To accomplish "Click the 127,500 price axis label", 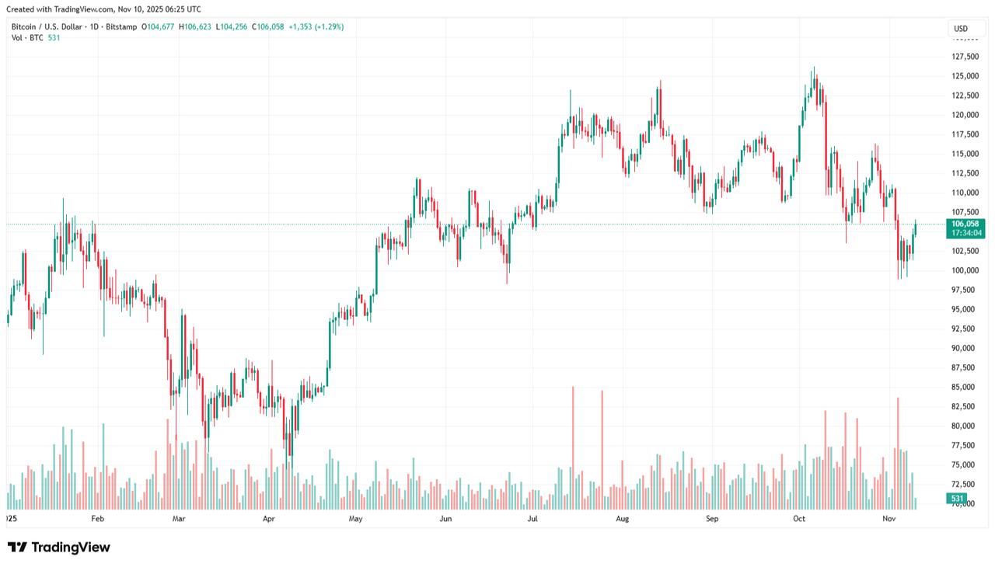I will point(965,57).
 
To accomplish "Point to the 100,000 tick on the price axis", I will point(965,270).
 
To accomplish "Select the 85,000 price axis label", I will point(965,387).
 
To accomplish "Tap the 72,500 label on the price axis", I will point(965,484).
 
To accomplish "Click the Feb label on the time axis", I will point(97,517).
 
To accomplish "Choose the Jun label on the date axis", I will point(445,517).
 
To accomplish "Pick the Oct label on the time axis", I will point(800,517).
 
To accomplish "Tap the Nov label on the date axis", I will point(890,517).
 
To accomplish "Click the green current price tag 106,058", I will point(965,224).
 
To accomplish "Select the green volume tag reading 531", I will point(957,498).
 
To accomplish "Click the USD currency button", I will point(961,30).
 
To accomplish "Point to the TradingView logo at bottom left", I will point(59,548).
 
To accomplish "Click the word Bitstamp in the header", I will point(121,26).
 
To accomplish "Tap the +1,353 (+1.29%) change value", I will point(316,26).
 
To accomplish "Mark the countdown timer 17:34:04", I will point(966,233).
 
